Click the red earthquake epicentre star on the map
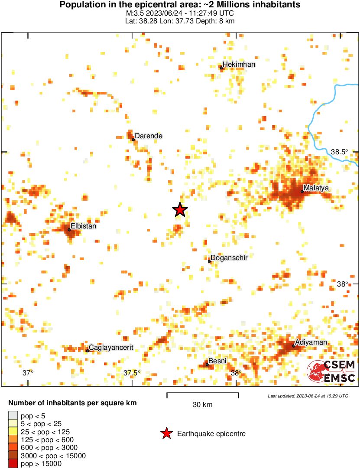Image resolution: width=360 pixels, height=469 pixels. pyautogui.click(x=180, y=210)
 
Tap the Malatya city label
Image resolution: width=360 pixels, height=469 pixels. pyautogui.click(x=316, y=188)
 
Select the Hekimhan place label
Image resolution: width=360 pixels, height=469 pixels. pyautogui.click(x=239, y=65)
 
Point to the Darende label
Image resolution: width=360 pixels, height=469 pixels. pyautogui.click(x=149, y=136)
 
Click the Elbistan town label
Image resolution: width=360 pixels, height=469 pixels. pyautogui.click(x=83, y=226)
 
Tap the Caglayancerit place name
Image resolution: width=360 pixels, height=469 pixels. pyautogui.click(x=110, y=347)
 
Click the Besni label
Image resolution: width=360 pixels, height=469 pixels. pyautogui.click(x=217, y=361)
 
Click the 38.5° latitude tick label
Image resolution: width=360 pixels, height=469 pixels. pyautogui.click(x=339, y=152)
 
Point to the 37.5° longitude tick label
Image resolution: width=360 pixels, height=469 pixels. pyautogui.click(x=132, y=373)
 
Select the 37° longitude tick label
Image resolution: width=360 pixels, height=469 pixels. pyautogui.click(x=28, y=373)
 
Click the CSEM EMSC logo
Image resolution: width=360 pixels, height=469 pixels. pyautogui.click(x=331, y=371)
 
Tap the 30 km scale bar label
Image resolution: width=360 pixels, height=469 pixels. pyautogui.click(x=202, y=405)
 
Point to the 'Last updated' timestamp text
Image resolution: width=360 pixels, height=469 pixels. pyautogui.click(x=308, y=396)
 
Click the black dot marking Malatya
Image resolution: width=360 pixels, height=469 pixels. pyautogui.click(x=302, y=192)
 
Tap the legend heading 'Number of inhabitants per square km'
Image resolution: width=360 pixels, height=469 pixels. pyautogui.click(x=72, y=403)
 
